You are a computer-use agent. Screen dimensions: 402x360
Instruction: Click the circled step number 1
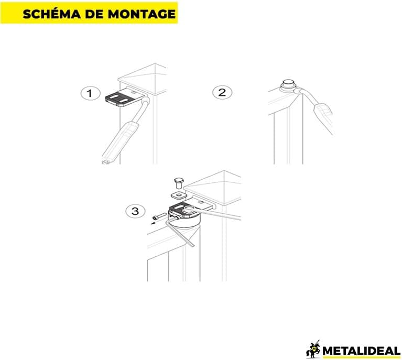click(x=90, y=93)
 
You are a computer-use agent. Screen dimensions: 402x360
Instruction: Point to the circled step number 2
click(x=222, y=92)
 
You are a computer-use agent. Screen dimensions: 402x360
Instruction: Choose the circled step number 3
click(x=135, y=211)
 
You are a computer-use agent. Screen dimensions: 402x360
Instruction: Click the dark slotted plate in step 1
click(x=121, y=99)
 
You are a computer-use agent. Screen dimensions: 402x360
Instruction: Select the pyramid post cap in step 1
click(x=143, y=79)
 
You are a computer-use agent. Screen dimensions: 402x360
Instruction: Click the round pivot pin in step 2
click(x=288, y=85)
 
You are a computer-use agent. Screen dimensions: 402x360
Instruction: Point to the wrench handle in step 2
click(x=323, y=115)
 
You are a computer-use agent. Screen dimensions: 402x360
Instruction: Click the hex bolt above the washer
click(x=178, y=183)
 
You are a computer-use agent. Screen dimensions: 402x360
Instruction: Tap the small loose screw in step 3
click(x=159, y=216)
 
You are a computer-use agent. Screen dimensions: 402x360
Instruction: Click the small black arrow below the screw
click(x=154, y=223)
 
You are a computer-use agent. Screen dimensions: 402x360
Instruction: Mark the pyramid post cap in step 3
click(x=213, y=187)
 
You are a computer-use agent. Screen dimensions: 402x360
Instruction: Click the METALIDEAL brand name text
click(x=361, y=351)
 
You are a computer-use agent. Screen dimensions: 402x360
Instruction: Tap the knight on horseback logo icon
click(x=313, y=348)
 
